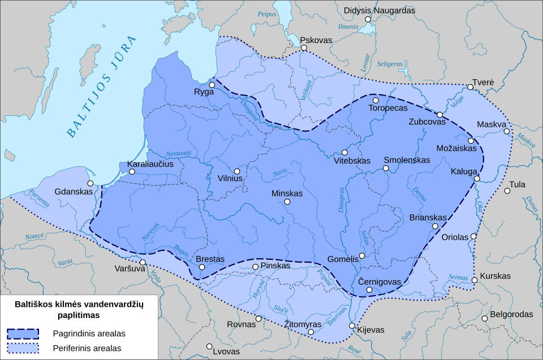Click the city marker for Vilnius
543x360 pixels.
click(237, 171)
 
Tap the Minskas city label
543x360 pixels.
click(287, 193)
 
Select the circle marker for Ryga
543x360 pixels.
click(212, 85)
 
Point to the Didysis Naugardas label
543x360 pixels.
click(380, 10)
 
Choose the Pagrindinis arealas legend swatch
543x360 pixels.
click(23, 333)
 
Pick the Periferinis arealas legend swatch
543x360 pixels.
click(23, 348)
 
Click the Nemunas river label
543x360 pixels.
click(179, 153)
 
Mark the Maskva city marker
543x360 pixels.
click(507, 131)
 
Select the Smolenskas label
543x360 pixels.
click(407, 160)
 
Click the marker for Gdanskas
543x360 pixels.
click(90, 183)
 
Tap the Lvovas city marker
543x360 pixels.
click(209, 346)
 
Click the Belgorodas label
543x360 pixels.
click(511, 314)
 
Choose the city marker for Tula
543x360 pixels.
click(507, 191)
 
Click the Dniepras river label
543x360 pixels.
click(342, 200)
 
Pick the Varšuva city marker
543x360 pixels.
click(143, 262)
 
